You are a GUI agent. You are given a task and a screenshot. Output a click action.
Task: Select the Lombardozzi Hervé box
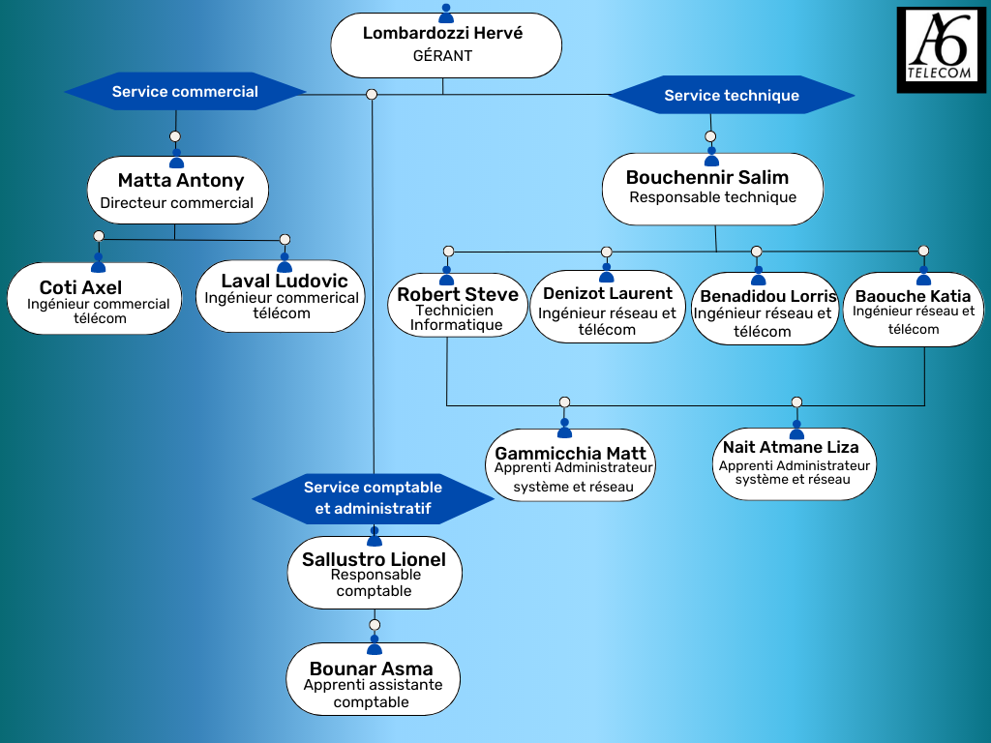445,45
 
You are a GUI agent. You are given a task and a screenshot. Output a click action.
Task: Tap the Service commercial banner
185,92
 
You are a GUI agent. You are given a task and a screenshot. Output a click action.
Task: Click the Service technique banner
732,96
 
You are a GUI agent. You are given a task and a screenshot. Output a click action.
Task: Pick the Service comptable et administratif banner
373,497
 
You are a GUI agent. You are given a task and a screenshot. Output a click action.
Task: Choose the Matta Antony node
178,191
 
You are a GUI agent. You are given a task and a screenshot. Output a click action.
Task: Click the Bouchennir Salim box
712,188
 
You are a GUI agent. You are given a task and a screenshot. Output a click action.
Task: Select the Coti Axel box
94,299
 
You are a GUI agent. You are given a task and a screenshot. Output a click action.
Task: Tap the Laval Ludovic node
281,296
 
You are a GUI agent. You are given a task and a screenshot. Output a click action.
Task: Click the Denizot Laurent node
607,308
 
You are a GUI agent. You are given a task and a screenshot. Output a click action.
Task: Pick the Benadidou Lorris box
765,310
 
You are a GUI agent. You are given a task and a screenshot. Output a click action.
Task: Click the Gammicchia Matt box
571,466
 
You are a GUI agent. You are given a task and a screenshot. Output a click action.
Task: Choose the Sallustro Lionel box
374,574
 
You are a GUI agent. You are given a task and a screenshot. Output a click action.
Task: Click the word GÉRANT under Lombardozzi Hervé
442,56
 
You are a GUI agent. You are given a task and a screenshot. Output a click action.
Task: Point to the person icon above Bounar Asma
375,645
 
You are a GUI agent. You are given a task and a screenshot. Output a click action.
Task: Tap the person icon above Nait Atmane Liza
796,430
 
